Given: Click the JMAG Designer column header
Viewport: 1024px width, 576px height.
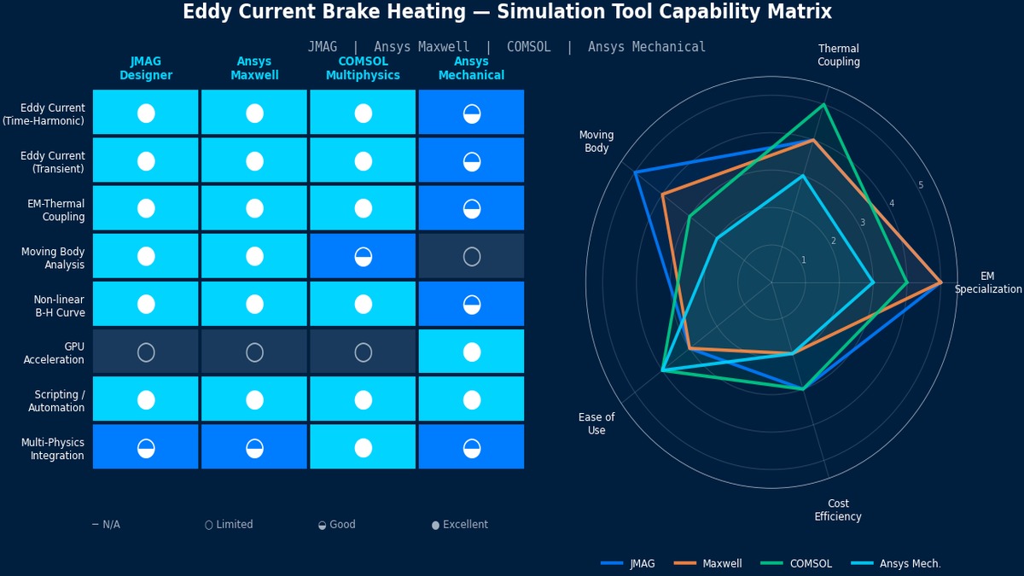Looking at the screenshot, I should (x=145, y=68).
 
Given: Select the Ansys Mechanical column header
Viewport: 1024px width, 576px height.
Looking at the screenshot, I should (x=471, y=68).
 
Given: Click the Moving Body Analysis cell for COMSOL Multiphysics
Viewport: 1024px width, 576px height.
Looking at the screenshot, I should (x=363, y=256).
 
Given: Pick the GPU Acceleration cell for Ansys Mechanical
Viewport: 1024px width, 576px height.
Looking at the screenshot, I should (x=471, y=352).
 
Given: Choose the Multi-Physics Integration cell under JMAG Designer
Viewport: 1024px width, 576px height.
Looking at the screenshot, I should (x=145, y=447).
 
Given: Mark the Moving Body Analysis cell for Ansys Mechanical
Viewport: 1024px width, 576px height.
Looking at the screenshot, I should (x=471, y=256).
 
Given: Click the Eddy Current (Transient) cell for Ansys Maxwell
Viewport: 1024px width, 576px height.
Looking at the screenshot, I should (x=254, y=160).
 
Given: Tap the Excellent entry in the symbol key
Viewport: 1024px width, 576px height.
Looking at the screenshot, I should (x=460, y=525).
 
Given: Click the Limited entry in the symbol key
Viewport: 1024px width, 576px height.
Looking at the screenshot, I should (x=229, y=525).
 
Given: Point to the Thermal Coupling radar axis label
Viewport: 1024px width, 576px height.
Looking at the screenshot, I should (x=838, y=55).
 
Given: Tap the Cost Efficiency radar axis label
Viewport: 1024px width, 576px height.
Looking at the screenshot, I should (x=837, y=510).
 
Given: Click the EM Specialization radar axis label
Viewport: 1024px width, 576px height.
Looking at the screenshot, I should (x=987, y=282).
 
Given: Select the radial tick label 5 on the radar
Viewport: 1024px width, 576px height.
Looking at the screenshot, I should (x=920, y=185).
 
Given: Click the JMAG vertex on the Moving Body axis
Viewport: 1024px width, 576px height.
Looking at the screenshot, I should (x=635, y=172).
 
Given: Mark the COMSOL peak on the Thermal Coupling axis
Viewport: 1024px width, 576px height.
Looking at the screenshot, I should (x=823, y=105).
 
